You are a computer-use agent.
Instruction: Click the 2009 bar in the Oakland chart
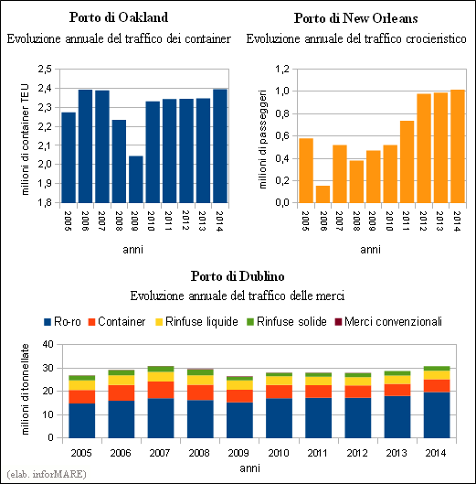[135, 179]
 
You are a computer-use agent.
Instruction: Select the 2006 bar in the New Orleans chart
[323, 194]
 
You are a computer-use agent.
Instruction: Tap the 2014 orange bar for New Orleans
[458, 146]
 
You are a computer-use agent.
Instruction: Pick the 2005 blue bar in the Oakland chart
[69, 157]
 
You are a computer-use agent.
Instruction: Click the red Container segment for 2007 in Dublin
[161, 390]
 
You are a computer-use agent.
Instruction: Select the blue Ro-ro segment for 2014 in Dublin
[437, 414]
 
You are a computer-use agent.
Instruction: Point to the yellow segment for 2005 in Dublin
[81, 385]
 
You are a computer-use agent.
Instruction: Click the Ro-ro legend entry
[62, 322]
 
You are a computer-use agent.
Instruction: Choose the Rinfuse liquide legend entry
[196, 322]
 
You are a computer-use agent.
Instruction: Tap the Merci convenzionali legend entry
[388, 322]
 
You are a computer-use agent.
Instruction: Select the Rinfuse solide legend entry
[287, 322]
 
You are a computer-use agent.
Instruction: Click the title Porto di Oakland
[119, 17]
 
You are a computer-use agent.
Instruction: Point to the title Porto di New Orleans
[356, 18]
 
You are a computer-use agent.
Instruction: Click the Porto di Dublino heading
[238, 276]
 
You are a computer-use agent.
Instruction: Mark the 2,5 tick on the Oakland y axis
[45, 70]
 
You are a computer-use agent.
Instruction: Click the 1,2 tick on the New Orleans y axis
[282, 70]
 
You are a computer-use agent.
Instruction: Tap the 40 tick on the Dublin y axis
[48, 344]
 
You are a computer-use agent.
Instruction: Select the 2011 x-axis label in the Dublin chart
[317, 453]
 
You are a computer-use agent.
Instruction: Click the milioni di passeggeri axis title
[262, 139]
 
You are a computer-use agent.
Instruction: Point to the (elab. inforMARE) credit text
[47, 474]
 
